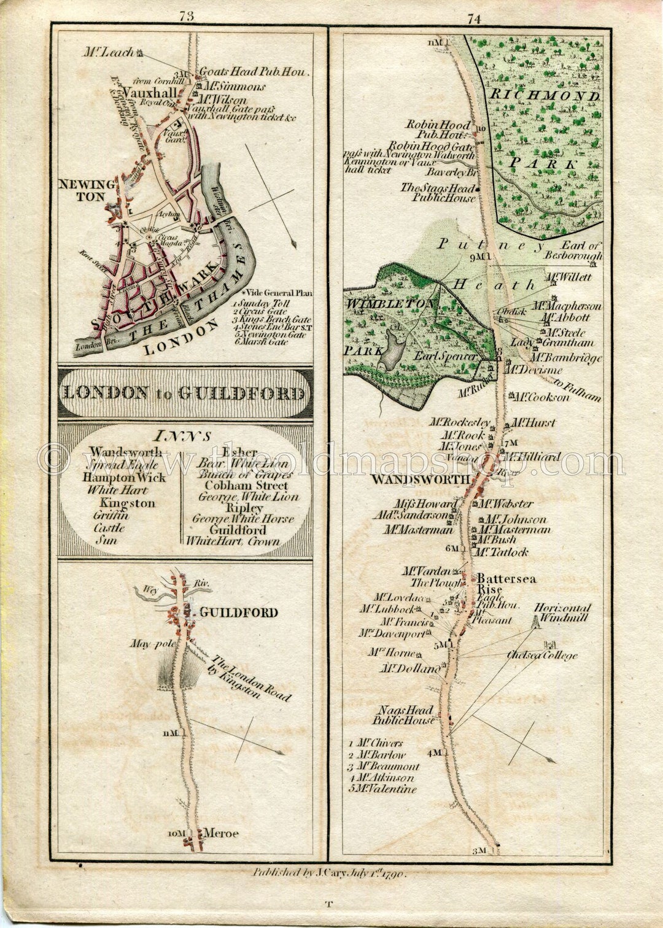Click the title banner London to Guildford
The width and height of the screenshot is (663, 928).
click(x=184, y=393)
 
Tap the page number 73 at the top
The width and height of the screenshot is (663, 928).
click(x=187, y=17)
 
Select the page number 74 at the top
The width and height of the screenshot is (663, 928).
click(x=474, y=19)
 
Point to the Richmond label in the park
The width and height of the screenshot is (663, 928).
click(x=544, y=96)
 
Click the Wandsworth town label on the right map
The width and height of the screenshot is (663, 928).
click(x=421, y=479)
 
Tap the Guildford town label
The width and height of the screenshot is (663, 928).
click(x=238, y=613)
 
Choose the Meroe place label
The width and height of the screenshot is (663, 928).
click(x=220, y=833)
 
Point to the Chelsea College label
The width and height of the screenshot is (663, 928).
click(x=542, y=655)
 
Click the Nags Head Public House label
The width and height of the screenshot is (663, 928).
click(x=405, y=715)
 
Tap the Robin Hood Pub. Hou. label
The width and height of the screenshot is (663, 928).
click(x=437, y=129)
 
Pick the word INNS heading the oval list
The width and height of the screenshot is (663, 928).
click(x=183, y=436)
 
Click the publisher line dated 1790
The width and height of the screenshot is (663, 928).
click(x=330, y=872)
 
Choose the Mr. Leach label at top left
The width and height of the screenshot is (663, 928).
click(x=109, y=53)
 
